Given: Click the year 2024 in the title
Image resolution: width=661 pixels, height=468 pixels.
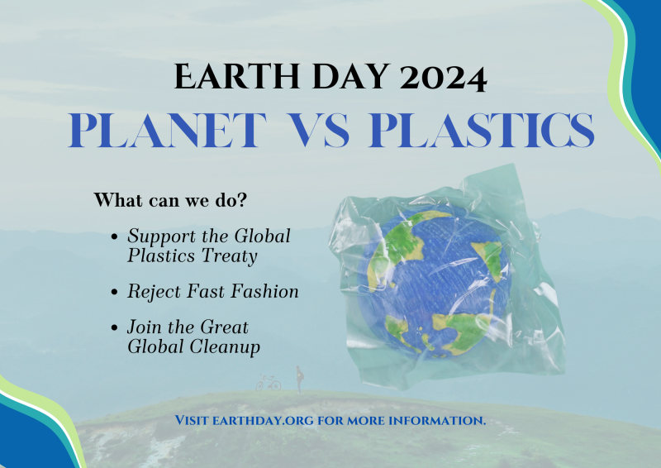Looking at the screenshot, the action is pyautogui.click(x=443, y=76).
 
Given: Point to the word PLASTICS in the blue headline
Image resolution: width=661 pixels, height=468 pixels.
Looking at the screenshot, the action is pyautogui.click(x=481, y=130).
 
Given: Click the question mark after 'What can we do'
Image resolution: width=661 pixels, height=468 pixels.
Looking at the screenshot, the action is pyautogui.click(x=241, y=199).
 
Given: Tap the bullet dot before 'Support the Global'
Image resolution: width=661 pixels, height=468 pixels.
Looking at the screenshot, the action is pyautogui.click(x=114, y=236).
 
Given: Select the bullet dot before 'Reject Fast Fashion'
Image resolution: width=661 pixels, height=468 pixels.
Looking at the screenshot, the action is pyautogui.click(x=114, y=292).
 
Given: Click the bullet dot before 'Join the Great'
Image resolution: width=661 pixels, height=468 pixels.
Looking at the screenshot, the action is pyautogui.click(x=114, y=328).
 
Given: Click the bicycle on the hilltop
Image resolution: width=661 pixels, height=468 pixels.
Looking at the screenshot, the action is pyautogui.click(x=269, y=383).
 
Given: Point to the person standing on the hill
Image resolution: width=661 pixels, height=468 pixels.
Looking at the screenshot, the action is pyautogui.click(x=299, y=380).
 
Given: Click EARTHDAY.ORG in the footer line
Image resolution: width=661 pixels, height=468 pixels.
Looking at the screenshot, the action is pyautogui.click(x=263, y=420).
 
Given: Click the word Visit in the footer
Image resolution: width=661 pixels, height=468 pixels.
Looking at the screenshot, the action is pyautogui.click(x=192, y=420).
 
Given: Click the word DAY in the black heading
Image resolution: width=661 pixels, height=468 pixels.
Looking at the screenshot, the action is pyautogui.click(x=350, y=76).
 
